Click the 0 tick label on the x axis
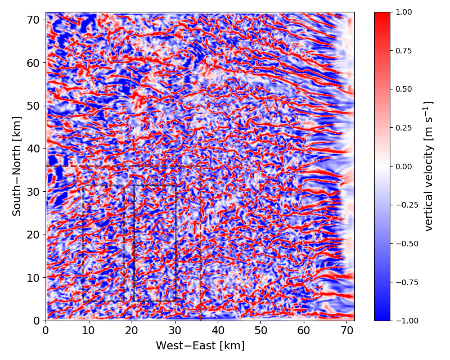point(46,331)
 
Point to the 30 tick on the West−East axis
point(175,331)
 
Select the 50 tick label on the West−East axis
point(261,331)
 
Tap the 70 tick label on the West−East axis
point(347,331)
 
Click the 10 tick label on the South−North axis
point(34,277)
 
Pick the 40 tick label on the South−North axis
point(34,148)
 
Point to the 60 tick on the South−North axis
point(34,62)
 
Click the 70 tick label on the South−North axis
point(34,20)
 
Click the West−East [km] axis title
point(200,345)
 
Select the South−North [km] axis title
point(17,166)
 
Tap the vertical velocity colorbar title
point(429,166)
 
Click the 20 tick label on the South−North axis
point(34,235)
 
